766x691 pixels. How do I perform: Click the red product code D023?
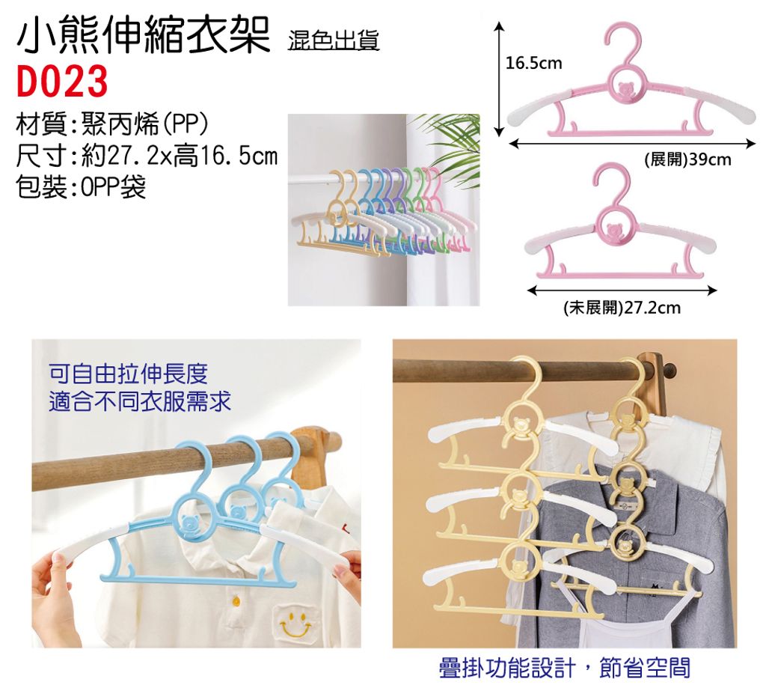tap(61, 81)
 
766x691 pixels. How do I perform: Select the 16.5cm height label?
tap(533, 63)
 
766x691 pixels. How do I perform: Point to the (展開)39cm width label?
tap(688, 159)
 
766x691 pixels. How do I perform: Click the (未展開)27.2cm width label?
tap(622, 308)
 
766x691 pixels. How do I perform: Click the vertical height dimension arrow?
tap(498, 79)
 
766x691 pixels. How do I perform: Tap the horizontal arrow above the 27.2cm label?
tap(622, 291)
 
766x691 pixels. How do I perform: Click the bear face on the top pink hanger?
tap(625, 90)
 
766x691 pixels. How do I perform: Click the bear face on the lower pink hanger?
tap(613, 229)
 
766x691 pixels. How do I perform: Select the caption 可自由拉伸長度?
tap(128, 374)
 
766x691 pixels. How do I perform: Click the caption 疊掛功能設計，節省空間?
tap(565, 668)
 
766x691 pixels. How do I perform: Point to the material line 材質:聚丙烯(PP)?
tap(112, 125)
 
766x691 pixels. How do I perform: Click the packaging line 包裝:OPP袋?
tap(81, 186)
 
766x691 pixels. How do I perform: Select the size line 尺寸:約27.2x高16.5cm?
tap(147, 156)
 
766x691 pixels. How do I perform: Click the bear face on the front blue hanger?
tap(189, 522)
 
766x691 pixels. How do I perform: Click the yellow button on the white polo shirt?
tap(236, 599)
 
